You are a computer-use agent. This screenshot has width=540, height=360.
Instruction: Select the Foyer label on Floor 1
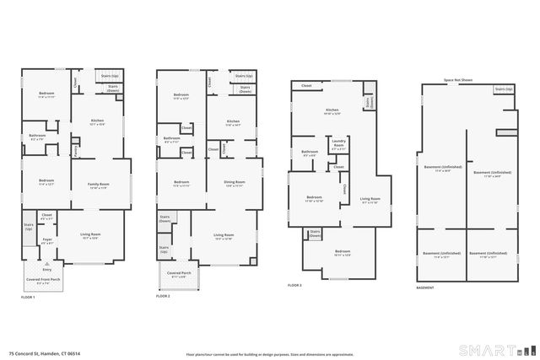click(x=47, y=241)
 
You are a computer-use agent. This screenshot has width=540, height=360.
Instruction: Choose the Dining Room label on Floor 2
click(x=234, y=183)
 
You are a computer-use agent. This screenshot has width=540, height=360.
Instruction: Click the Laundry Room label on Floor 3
click(x=339, y=143)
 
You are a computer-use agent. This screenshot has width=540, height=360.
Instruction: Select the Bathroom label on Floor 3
click(x=310, y=153)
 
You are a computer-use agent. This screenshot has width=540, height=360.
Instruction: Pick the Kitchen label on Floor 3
click(x=332, y=110)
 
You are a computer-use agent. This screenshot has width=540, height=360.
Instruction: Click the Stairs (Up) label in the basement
click(x=503, y=89)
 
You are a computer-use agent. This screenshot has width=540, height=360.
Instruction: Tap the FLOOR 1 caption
click(x=29, y=297)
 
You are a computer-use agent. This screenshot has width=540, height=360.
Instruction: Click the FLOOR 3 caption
click(x=294, y=286)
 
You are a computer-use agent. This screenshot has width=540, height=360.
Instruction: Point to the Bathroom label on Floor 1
click(x=37, y=136)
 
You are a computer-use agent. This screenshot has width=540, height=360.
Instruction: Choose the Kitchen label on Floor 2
click(x=233, y=122)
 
